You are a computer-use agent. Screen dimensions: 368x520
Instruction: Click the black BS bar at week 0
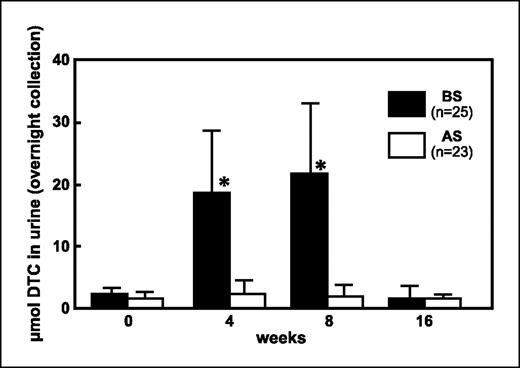[116, 300]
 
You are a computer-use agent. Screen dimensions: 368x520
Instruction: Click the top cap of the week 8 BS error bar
[307, 103]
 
